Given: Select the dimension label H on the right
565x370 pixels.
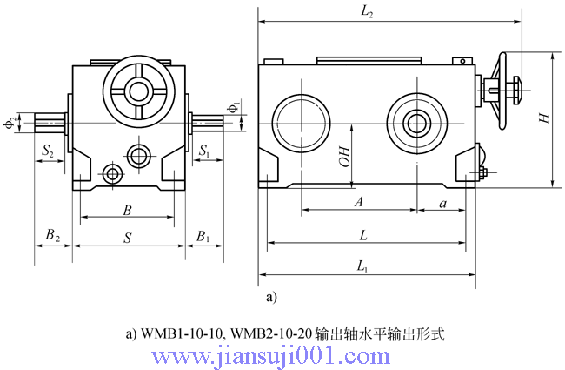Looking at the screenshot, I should coord(544,118).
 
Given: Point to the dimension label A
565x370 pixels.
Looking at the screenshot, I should coord(358,201).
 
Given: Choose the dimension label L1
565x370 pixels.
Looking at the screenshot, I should coord(362,269).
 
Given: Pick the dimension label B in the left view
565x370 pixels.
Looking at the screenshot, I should coord(127,210).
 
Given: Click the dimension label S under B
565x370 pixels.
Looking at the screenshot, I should coord(128,236).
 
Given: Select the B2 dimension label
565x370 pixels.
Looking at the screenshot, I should coord(52,236).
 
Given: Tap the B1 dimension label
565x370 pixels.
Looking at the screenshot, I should coord(203,236).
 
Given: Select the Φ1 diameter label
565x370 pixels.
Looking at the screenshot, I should coord(232,107).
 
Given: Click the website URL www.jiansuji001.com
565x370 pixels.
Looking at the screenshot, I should coord(271,356).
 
